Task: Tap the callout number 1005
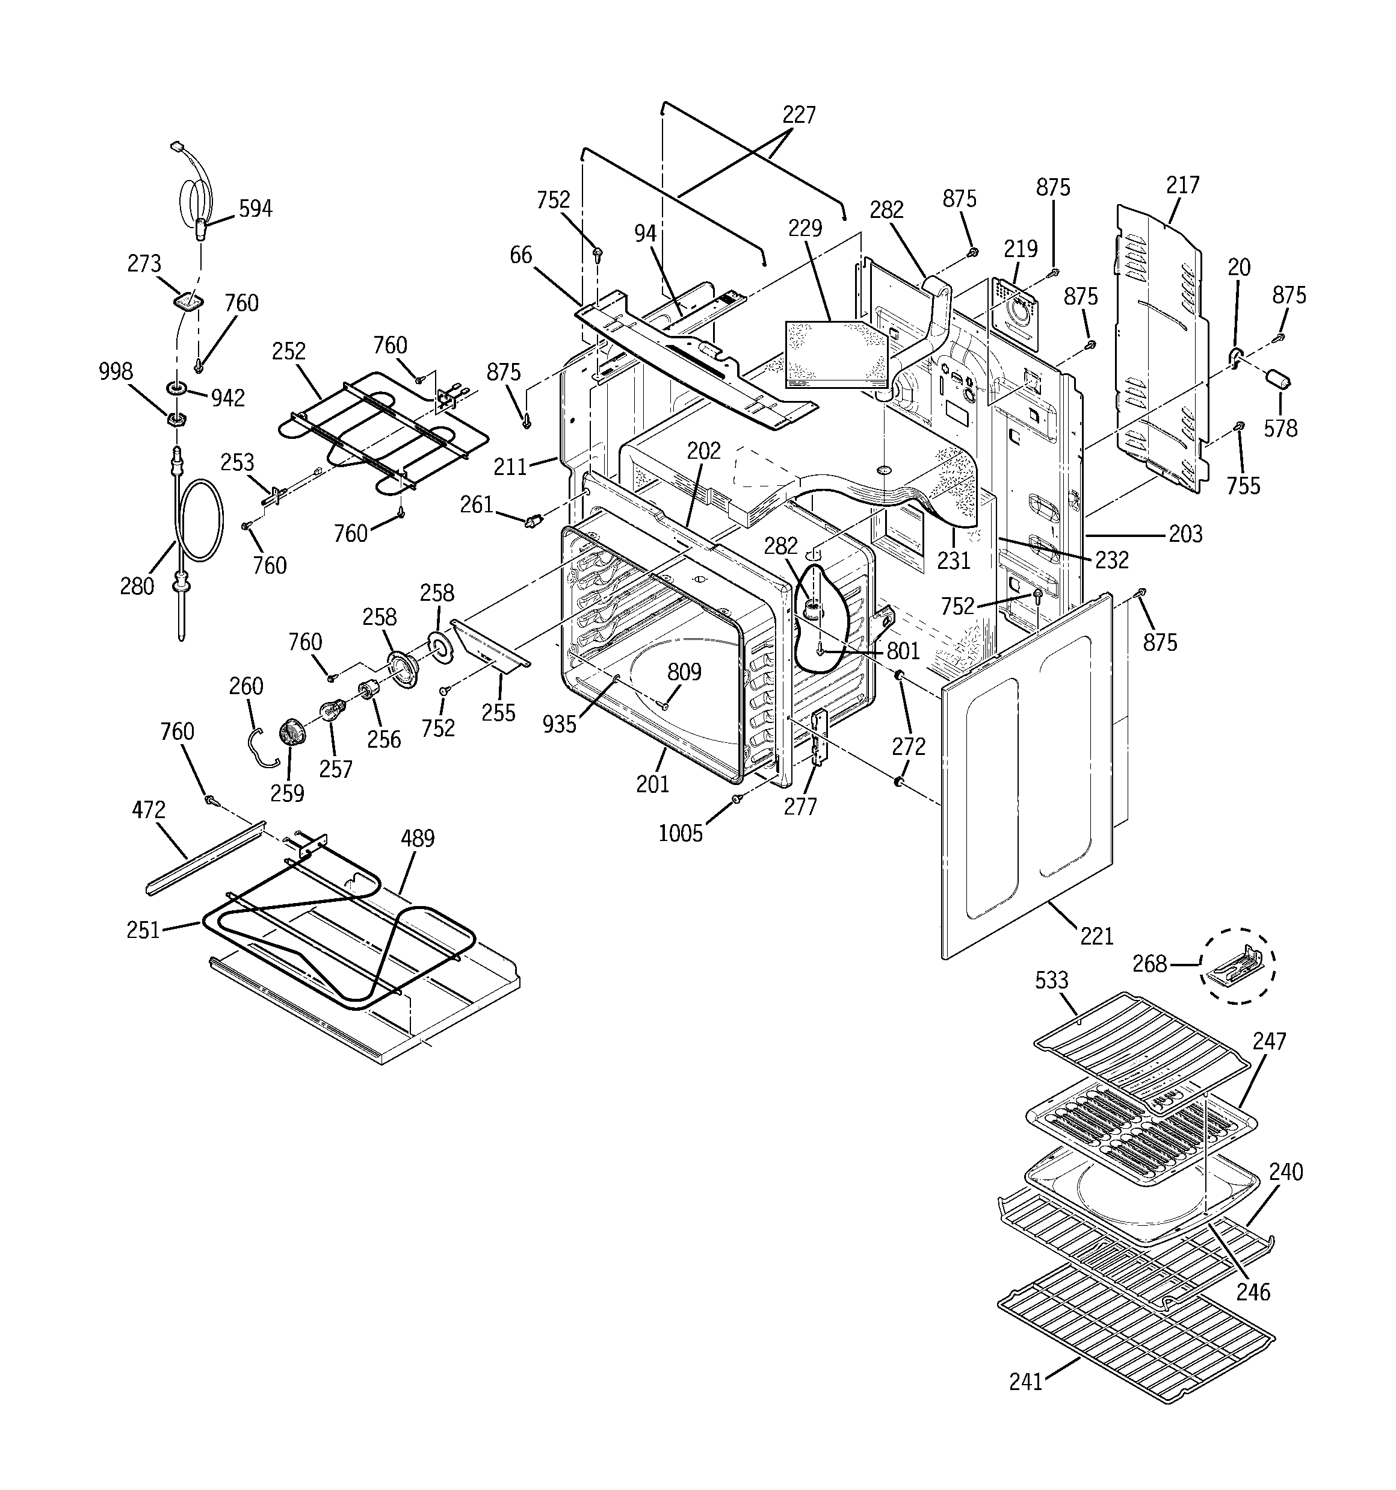coord(681,833)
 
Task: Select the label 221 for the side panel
coord(1096,936)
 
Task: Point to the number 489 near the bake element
coord(418,838)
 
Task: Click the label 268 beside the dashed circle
coord(1149,963)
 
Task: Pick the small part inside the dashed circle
coord(1237,966)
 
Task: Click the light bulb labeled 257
coord(332,709)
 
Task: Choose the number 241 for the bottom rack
coord(1025,1381)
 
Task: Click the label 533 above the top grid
coord(1051,980)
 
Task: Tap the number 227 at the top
coord(798,114)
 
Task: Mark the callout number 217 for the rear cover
coord(1182,184)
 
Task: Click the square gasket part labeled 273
coord(187,300)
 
